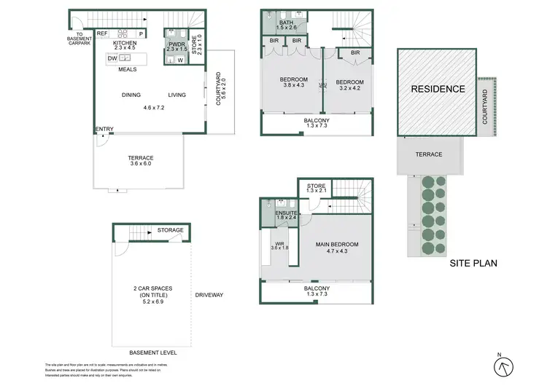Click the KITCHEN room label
(125, 44)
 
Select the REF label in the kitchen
(102, 33)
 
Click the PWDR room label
(176, 44)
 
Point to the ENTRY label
(104, 130)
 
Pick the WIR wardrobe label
(279, 245)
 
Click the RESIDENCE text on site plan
(437, 90)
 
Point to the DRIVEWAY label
(209, 295)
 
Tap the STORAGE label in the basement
(170, 230)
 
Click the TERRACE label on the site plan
(429, 154)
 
